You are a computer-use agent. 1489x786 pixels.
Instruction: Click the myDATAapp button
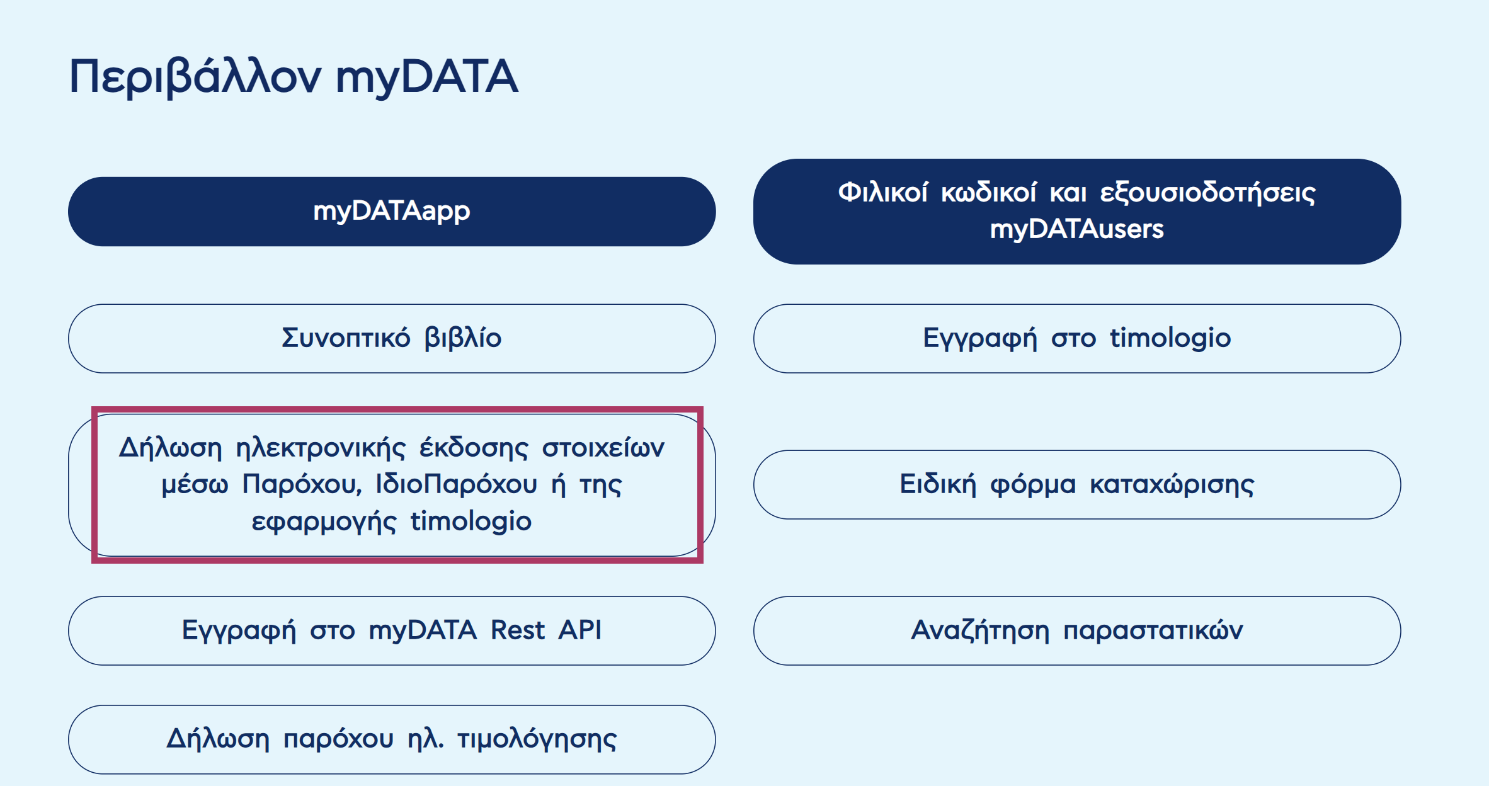pos(391,212)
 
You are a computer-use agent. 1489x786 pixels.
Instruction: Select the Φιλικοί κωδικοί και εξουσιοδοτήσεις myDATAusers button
pos(1076,212)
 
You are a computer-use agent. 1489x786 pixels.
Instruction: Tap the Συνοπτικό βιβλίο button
pos(391,339)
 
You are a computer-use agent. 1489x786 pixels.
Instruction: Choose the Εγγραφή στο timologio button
pos(1076,339)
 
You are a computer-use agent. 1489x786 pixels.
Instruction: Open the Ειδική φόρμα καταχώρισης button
pos(1076,485)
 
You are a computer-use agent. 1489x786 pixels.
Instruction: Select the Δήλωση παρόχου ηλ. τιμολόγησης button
pos(391,739)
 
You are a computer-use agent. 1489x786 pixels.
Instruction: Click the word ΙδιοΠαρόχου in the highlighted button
pos(456,485)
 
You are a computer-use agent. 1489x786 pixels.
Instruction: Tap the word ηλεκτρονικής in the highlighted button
pos(321,448)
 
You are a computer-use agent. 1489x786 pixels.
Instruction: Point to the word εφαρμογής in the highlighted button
pos(324,522)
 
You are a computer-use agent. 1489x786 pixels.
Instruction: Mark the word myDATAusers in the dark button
pos(1076,229)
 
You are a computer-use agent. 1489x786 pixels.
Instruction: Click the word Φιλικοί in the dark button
pos(882,193)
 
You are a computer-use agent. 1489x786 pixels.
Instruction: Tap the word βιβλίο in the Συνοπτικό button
pos(463,339)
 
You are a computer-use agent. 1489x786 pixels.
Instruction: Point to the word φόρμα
pos(1033,485)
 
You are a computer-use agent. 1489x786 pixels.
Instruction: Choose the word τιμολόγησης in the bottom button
pos(537,739)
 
